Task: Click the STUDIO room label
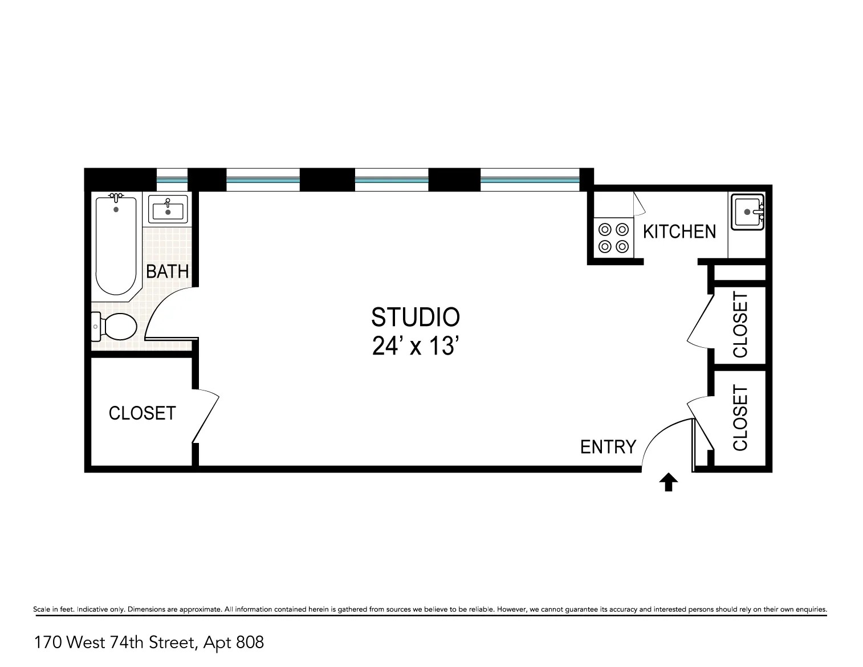pos(415,317)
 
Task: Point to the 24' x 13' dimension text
pos(415,346)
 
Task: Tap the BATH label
pos(167,271)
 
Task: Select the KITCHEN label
pos(679,231)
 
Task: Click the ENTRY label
pos(608,447)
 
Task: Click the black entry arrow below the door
pos(668,483)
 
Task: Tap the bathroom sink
pos(168,209)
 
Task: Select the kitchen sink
pos(747,212)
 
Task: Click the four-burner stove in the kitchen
pos(613,238)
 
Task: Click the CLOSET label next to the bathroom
pos(142,413)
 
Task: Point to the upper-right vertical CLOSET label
pos(740,324)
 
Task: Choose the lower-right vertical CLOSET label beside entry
pos(740,418)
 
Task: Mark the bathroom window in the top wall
pos(172,180)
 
